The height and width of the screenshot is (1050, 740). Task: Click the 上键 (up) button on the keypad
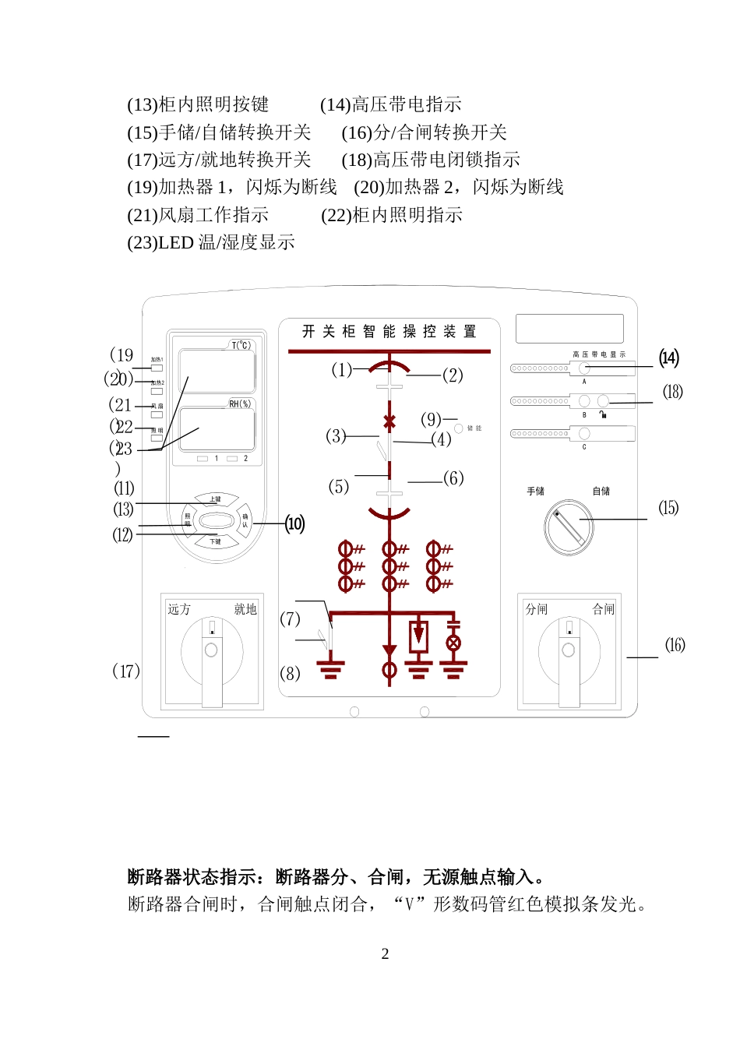coord(216,499)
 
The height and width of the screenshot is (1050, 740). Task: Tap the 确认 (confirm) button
coord(245,520)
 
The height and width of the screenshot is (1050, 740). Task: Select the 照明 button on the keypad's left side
coord(187,520)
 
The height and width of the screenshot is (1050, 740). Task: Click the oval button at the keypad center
coord(216,520)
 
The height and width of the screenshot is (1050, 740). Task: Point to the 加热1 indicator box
coord(157,367)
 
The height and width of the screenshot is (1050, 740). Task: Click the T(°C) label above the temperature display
coord(241,345)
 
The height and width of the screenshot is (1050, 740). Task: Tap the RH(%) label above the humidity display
coord(240,403)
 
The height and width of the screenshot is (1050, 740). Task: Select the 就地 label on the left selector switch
coord(245,609)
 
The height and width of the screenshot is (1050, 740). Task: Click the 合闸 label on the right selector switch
coord(603,609)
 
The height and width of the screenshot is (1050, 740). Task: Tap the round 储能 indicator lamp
coord(459,428)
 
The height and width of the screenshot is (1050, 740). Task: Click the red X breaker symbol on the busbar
coord(389,422)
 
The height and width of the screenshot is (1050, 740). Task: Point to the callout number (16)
coord(675,645)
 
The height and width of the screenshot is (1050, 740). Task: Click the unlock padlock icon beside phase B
coord(603,415)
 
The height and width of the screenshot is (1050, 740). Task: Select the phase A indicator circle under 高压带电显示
coord(584,368)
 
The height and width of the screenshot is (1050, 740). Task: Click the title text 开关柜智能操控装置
coord(389,332)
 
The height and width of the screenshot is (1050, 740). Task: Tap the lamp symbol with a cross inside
coord(453,643)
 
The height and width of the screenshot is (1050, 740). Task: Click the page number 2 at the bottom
coord(385,954)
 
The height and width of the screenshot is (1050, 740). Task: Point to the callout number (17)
coord(126,671)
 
